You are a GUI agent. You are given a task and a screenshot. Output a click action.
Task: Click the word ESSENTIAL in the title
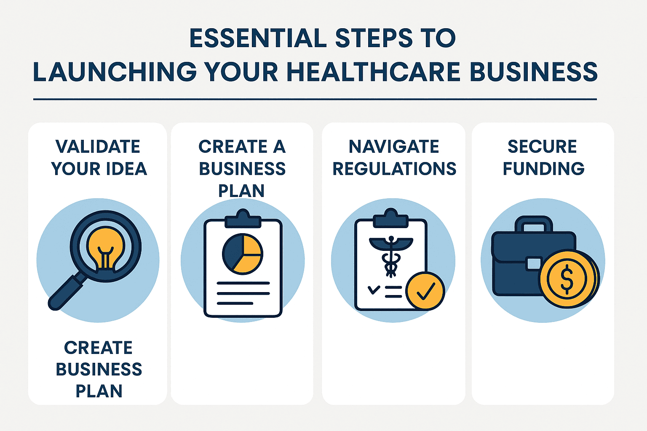[258, 38]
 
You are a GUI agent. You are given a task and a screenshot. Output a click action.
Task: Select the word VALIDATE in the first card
[98, 147]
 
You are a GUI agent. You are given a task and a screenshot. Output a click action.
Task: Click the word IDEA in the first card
[126, 169]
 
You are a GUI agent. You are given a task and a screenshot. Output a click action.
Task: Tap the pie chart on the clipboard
[242, 253]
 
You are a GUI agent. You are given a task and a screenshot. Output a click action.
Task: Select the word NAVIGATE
[394, 147]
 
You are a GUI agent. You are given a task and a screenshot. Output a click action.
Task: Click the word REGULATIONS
[394, 169]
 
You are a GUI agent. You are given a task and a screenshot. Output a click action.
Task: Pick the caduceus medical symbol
[391, 255]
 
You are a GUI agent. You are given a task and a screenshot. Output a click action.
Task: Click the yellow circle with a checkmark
[425, 291]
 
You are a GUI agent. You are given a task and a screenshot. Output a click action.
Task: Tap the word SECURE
[542, 147]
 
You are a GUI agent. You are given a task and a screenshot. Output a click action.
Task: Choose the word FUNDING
[543, 169]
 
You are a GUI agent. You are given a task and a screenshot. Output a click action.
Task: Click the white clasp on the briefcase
[534, 264]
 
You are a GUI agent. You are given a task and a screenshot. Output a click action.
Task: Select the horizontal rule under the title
[315, 99]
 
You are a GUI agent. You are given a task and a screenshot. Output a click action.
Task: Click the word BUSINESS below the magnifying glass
[99, 369]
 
